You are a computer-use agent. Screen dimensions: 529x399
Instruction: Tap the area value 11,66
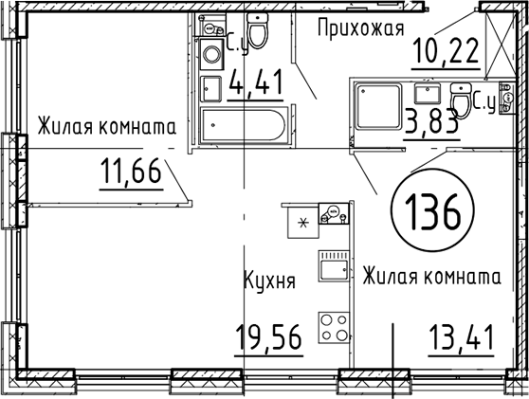pyautogui.click(x=131, y=171)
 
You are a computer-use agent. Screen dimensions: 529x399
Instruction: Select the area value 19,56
pyautogui.click(x=268, y=336)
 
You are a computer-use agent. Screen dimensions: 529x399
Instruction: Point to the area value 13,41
pyautogui.click(x=461, y=337)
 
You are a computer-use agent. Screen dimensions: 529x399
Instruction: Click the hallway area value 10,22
pyautogui.click(x=446, y=50)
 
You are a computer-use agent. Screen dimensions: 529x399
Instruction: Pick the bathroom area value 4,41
pyautogui.click(x=255, y=82)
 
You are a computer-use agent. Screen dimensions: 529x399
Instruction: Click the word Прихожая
pyautogui.click(x=360, y=27)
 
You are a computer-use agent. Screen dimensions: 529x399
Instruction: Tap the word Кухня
pyautogui.click(x=269, y=280)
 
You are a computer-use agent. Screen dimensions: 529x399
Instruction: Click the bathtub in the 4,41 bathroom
pyautogui.click(x=244, y=125)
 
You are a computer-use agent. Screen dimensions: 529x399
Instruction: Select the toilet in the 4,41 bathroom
pyautogui.click(x=258, y=30)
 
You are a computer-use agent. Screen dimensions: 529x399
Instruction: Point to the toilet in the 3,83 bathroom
pyautogui.click(x=461, y=100)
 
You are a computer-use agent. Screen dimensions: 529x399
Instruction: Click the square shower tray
pyautogui.click(x=378, y=106)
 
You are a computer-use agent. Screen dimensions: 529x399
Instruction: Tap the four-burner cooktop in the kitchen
pyautogui.click(x=334, y=328)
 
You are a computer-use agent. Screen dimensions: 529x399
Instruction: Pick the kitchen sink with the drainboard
pyautogui.click(x=334, y=266)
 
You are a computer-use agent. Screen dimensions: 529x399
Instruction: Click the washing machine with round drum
pyautogui.click(x=211, y=54)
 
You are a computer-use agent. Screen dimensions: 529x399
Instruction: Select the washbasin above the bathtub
pyautogui.click(x=210, y=89)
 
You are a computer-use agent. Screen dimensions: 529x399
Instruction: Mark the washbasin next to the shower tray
pyautogui.click(x=428, y=94)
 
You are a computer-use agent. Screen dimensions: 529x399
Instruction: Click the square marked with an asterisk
pyautogui.click(x=303, y=223)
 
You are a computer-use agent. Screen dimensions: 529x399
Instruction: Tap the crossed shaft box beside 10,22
pyautogui.click(x=501, y=45)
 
